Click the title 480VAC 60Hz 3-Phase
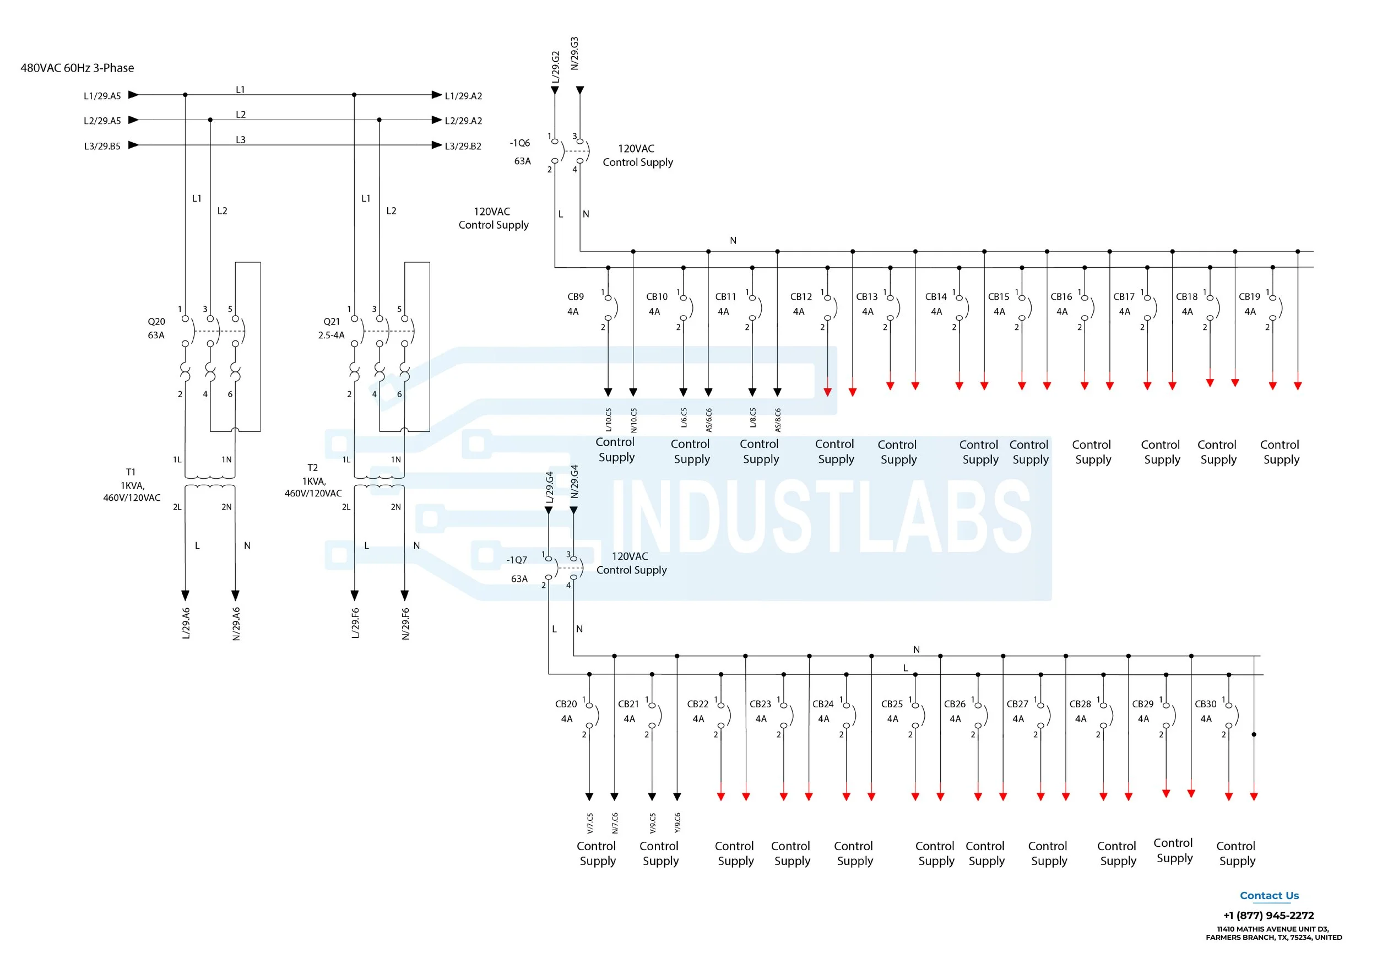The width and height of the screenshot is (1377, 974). pos(77,68)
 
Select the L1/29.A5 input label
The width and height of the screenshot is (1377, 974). pos(102,96)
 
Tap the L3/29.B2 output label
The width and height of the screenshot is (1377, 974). pos(463,147)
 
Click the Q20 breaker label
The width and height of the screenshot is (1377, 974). pos(156,322)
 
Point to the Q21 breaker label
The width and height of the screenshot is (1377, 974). pos(332,322)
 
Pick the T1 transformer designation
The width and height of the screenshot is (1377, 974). pos(131,472)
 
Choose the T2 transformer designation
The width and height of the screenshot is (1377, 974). pos(312,468)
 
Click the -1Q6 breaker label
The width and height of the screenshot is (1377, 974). pos(519,143)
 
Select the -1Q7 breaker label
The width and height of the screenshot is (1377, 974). pos(517,560)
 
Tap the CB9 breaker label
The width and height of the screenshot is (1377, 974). pos(575,297)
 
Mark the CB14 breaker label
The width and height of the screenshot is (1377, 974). pos(936,297)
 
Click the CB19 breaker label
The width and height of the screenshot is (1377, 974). pos(1249,297)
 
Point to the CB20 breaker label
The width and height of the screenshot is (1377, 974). pos(566,704)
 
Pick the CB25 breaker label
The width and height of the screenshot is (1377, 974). pos(892,704)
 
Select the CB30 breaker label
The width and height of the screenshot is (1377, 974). pos(1206,704)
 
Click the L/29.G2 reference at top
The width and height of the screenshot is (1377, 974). pos(555,67)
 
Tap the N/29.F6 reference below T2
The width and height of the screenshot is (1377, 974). pos(405,624)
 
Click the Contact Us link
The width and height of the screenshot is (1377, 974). pos(1269,896)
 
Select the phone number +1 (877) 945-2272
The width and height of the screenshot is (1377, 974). pos(1268,916)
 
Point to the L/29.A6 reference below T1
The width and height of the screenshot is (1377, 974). pos(186,623)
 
